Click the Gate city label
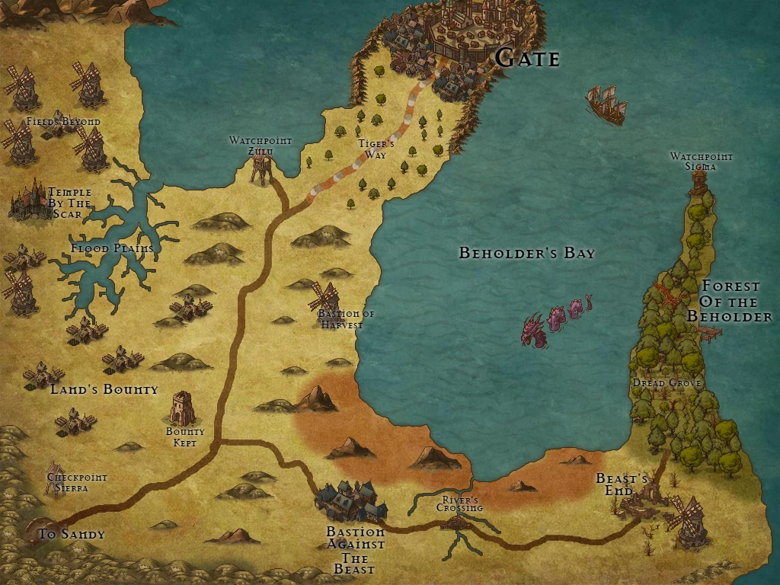coord(528,59)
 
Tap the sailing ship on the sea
coord(606,104)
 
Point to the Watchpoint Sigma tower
coord(698,181)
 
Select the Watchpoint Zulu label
coord(261,145)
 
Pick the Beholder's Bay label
coord(526,253)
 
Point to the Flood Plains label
coord(112,248)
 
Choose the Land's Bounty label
coord(104,389)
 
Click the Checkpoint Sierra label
coord(77,482)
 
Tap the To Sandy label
coord(71,534)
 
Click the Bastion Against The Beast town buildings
coord(350,500)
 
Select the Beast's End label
coord(622,484)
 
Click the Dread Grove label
coord(667,383)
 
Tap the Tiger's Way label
coord(376,149)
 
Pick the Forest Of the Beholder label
coord(730,301)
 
